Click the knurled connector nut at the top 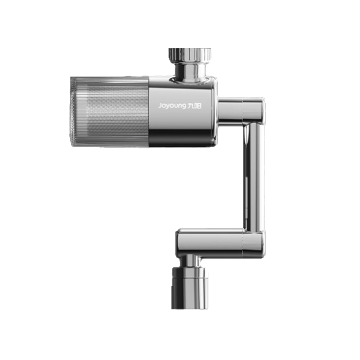189,55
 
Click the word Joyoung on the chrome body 172,106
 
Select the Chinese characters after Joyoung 194,106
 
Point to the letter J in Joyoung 160,106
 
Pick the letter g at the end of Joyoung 184,107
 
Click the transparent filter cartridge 109,112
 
